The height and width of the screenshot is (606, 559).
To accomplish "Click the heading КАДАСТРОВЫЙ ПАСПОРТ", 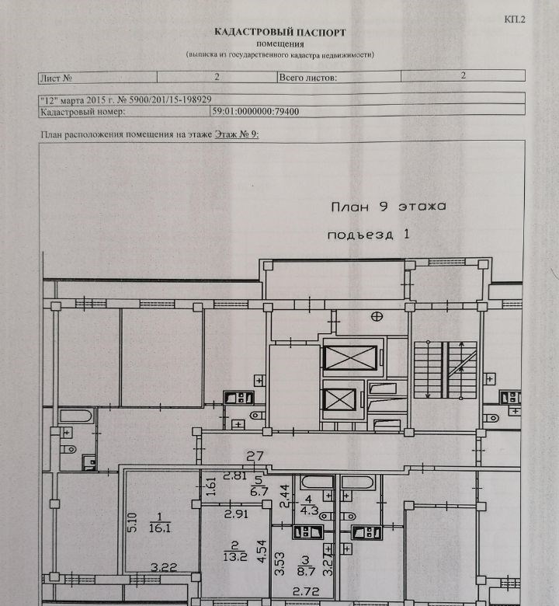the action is click(280, 32).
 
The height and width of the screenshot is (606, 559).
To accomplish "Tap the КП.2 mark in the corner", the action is click(515, 19).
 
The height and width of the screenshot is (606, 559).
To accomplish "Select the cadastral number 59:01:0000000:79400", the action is click(255, 112).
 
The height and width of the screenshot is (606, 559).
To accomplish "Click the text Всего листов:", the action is click(308, 78).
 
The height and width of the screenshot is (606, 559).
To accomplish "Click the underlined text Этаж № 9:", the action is click(237, 134).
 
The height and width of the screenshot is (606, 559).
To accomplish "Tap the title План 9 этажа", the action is click(388, 207).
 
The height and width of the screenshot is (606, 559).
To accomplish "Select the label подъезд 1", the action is click(368, 234).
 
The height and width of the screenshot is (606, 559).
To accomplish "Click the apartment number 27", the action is click(255, 456).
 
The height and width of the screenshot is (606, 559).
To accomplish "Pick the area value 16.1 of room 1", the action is click(160, 528).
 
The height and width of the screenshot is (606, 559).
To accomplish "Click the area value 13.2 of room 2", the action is click(235, 556).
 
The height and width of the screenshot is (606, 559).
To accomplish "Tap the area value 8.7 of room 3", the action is click(306, 571).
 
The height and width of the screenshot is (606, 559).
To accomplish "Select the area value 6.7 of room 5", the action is click(259, 491).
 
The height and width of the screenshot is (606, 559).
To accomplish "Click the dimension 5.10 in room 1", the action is click(132, 523).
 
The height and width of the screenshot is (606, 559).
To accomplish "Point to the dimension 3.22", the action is click(164, 567).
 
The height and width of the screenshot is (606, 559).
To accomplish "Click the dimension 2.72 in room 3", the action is click(306, 591).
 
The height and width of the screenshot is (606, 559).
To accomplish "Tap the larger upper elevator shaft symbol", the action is click(350, 358).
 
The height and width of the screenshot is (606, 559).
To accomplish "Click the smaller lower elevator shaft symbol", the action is click(339, 399).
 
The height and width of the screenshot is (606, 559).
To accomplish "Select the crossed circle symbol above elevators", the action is click(377, 316).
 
